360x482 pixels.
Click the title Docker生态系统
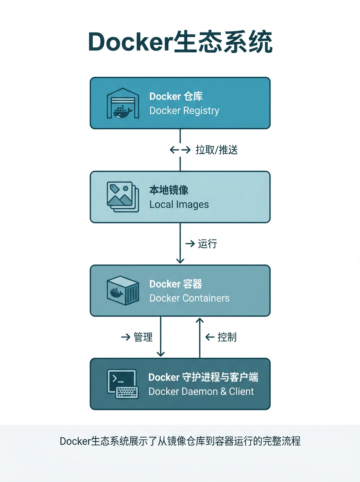(180, 41)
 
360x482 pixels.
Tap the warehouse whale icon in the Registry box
(123, 103)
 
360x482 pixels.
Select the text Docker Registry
(184, 110)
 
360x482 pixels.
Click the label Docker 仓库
(176, 96)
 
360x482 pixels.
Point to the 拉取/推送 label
(217, 150)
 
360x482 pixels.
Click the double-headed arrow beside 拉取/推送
(180, 150)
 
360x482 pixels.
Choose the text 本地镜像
(169, 190)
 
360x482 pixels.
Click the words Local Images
(179, 204)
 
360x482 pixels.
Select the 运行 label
(207, 243)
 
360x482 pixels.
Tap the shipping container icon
(123, 290)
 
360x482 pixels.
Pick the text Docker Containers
(189, 298)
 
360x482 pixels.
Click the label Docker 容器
(176, 284)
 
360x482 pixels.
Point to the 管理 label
(143, 337)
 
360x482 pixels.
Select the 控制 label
(227, 337)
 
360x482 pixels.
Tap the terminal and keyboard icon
(123, 384)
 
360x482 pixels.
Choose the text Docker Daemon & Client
(201, 391)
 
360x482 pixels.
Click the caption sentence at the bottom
(180, 441)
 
